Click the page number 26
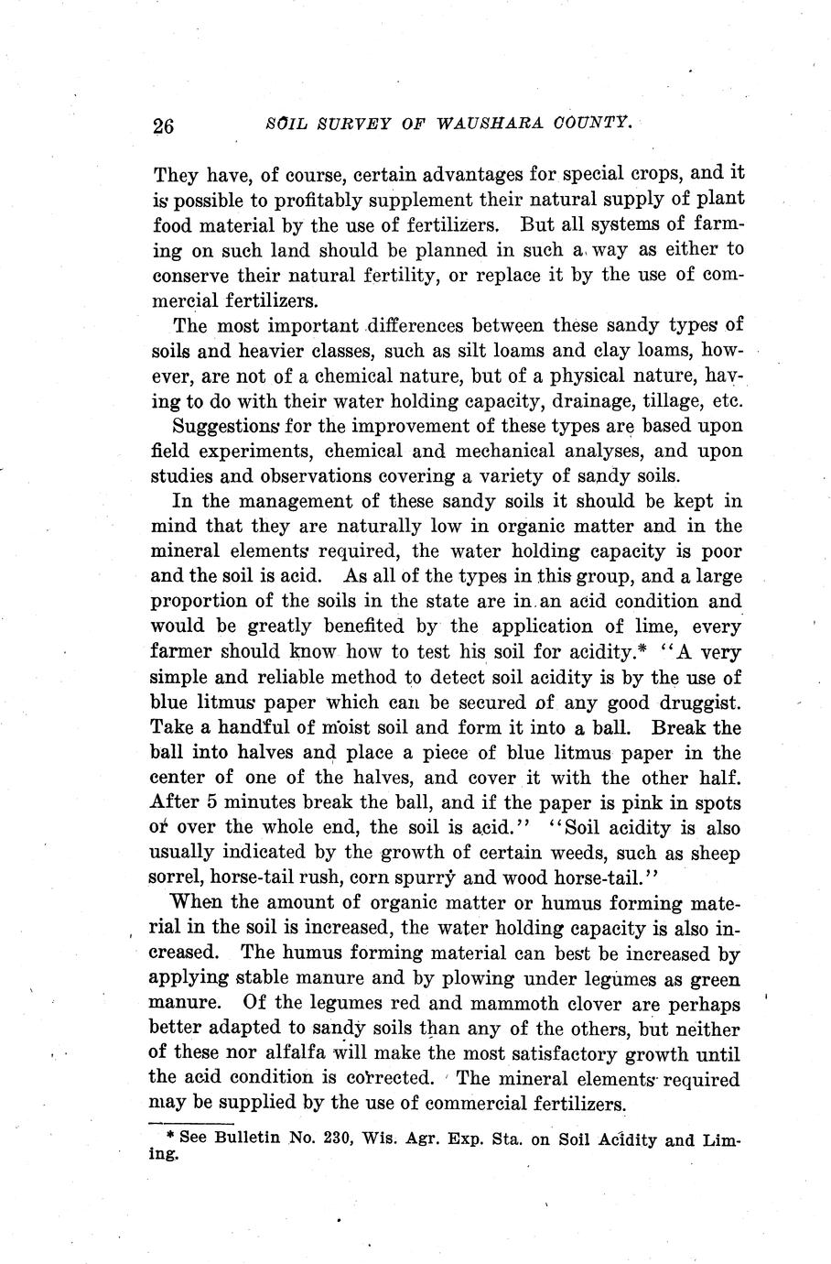click(x=163, y=125)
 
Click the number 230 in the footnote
click(x=335, y=1140)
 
